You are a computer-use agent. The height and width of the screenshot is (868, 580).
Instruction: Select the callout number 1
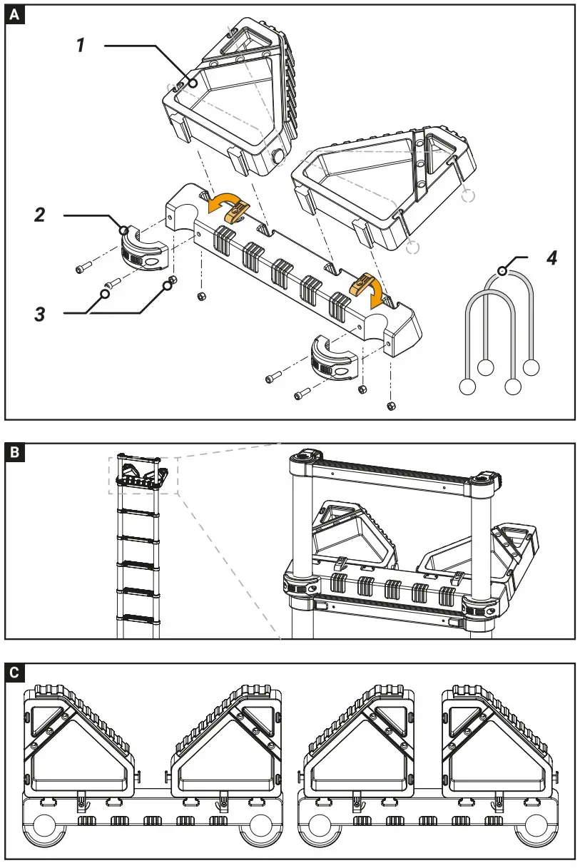point(81,45)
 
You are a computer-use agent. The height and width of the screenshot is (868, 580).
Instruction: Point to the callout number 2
point(40,214)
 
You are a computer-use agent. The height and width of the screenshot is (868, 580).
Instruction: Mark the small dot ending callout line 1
point(193,83)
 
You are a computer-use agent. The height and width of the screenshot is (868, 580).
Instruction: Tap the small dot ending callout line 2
point(125,230)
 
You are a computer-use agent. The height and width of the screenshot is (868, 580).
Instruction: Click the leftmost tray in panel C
point(78,742)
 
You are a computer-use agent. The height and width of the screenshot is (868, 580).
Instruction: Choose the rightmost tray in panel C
point(496,742)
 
